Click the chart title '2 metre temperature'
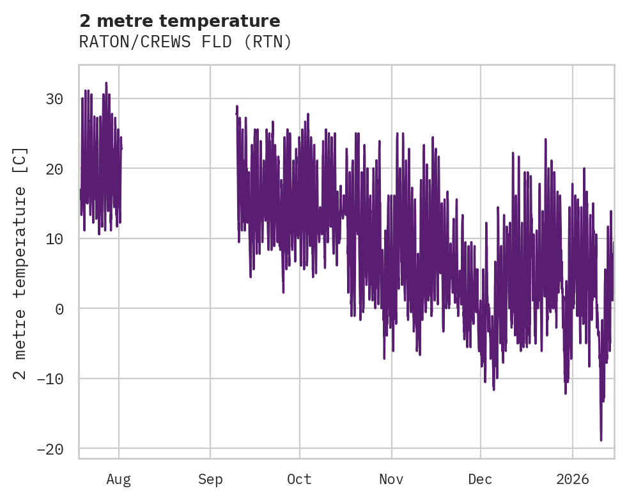pyautogui.click(x=180, y=21)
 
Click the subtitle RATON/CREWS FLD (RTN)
pyautogui.click(x=185, y=42)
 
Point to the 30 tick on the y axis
pyautogui.click(x=54, y=99)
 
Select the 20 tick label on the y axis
pyautogui.click(x=54, y=169)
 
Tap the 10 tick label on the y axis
pyautogui.click(x=54, y=239)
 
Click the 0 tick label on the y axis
pyautogui.click(x=59, y=309)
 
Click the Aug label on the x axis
pyautogui.click(x=119, y=480)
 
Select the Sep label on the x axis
pyautogui.click(x=210, y=480)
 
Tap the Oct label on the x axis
pyautogui.click(x=299, y=480)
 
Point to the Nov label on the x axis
pyautogui.click(x=391, y=480)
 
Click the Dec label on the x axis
pyautogui.click(x=480, y=480)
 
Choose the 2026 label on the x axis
pyautogui.click(x=573, y=480)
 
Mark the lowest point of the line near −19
pyautogui.click(x=601, y=440)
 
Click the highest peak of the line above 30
pyautogui.click(x=106, y=82)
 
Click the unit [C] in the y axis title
pyautogui.click(x=20, y=161)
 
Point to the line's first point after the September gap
pyautogui.click(x=236, y=113)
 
